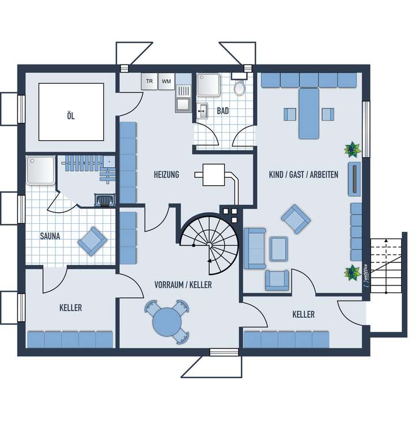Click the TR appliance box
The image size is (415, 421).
pos(150,82)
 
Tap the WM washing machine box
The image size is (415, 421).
pos(167,82)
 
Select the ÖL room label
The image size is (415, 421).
pos(71,115)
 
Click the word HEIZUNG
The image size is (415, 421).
pos(166,174)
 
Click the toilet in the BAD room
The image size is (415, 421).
pos(240,88)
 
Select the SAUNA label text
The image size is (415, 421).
pos(51,236)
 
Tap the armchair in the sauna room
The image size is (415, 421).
pos(92,241)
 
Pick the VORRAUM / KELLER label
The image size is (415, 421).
pos(183,285)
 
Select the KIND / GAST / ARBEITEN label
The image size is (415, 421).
pos(303,174)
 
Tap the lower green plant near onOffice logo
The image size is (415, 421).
pos(350,272)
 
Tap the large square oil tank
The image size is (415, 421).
pos(71,111)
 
